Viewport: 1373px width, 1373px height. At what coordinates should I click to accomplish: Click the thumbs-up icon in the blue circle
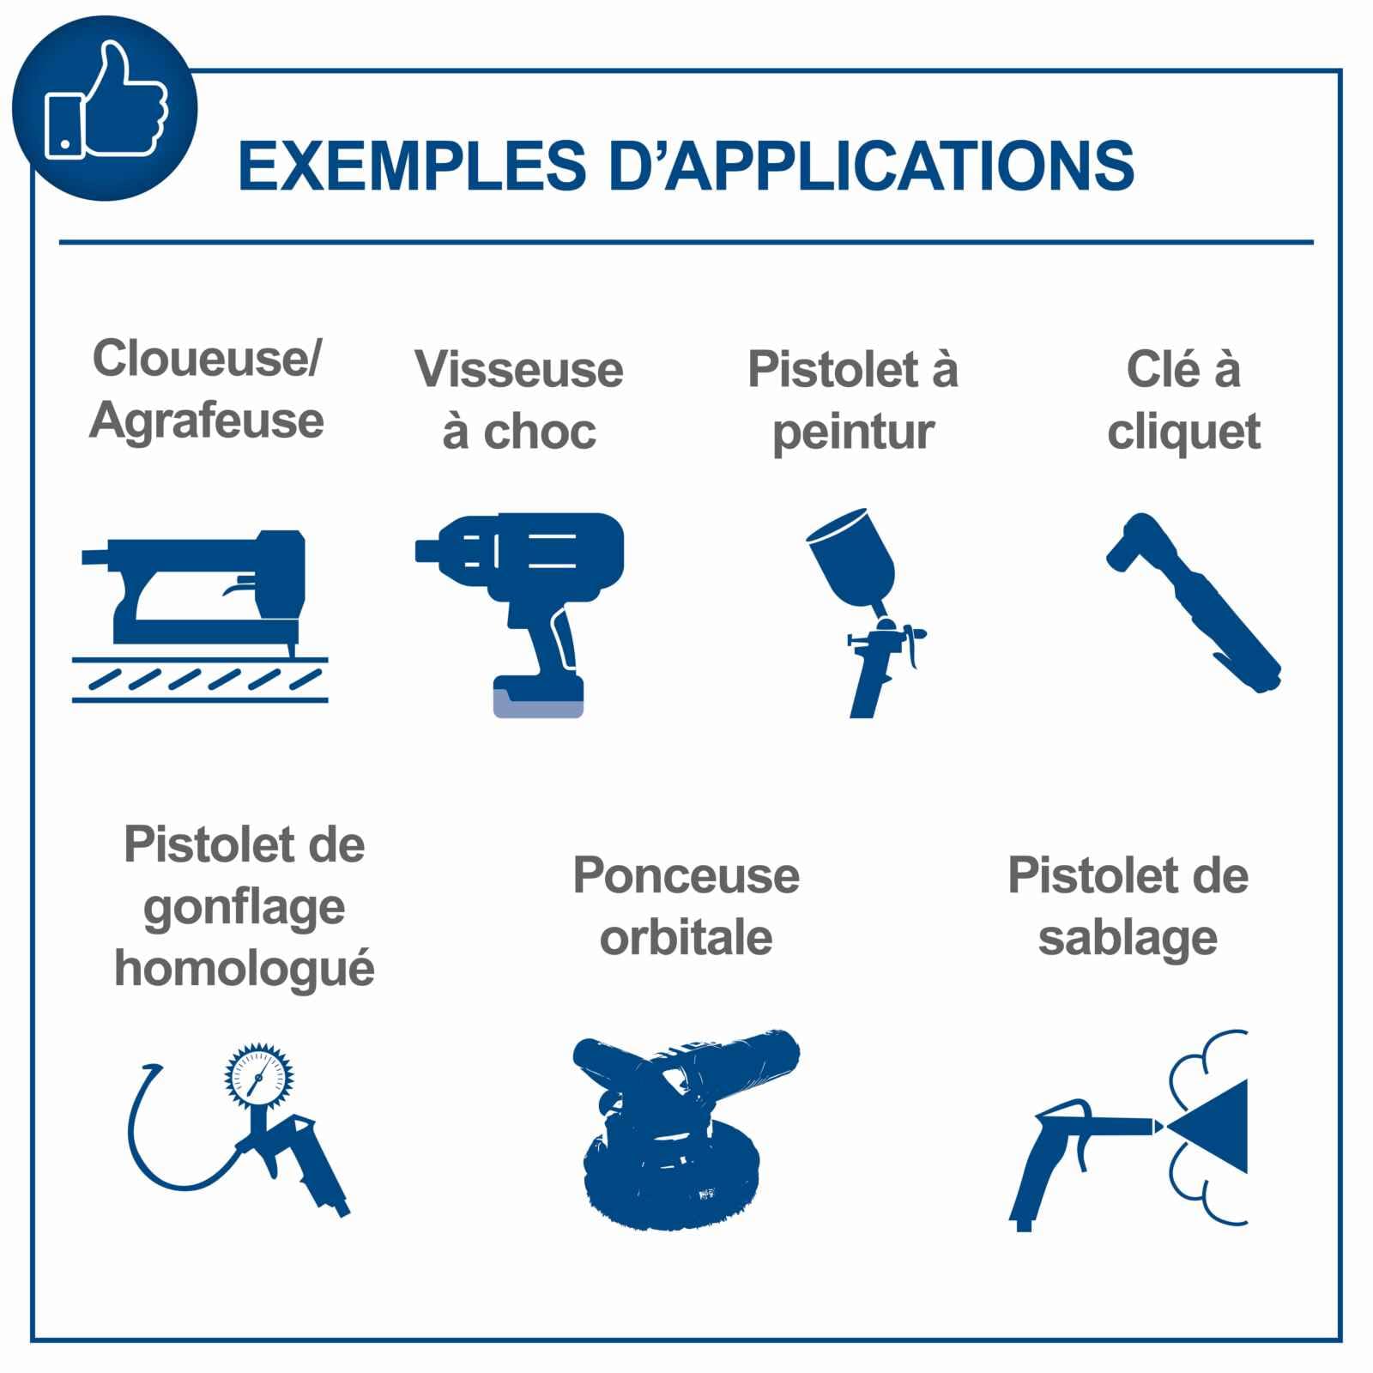tap(106, 101)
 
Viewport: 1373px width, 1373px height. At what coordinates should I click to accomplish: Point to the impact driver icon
tap(519, 614)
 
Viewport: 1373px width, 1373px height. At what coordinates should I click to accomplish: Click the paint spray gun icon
tap(865, 612)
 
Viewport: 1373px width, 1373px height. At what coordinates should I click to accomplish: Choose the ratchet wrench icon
tap(1193, 602)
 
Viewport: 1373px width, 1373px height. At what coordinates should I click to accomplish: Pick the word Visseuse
tap(519, 370)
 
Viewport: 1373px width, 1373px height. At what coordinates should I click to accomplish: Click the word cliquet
tap(1183, 432)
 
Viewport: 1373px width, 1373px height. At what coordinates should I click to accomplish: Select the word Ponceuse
tap(686, 876)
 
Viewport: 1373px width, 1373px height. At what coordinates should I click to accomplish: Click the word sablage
tap(1128, 939)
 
